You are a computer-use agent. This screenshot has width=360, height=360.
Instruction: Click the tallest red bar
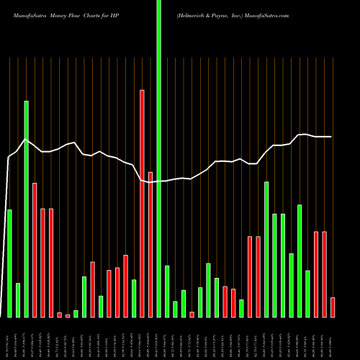[x=143, y=204]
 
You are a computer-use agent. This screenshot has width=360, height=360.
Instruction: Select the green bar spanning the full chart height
[x=159, y=158]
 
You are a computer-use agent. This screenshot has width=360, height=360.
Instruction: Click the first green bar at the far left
[x=9, y=264]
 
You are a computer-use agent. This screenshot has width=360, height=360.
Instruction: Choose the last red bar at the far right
[x=333, y=307]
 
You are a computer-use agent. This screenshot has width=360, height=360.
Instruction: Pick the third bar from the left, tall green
[x=26, y=209]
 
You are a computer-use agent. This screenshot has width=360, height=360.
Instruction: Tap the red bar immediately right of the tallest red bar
[x=150, y=245]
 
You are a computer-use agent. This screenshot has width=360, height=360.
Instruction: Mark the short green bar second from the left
[x=18, y=300]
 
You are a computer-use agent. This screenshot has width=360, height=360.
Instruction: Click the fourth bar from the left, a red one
[x=35, y=250]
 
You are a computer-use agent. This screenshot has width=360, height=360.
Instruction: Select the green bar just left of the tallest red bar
[x=134, y=298]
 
